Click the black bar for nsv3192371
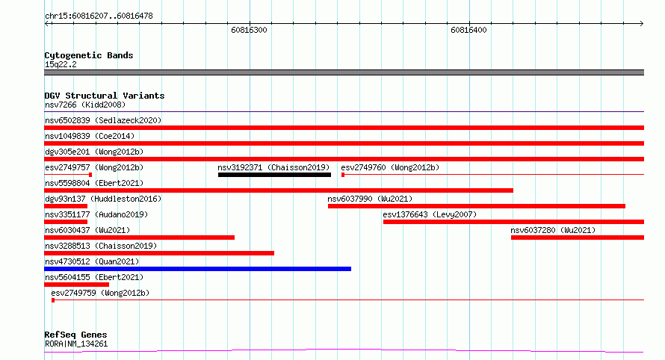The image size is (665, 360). pyautogui.click(x=274, y=175)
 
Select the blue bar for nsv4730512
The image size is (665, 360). pyautogui.click(x=198, y=269)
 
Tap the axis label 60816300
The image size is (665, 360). pyautogui.click(x=249, y=30)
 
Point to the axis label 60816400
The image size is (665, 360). pyautogui.click(x=468, y=30)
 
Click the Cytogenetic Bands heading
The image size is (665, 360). pyautogui.click(x=89, y=55)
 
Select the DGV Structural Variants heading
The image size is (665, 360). pyautogui.click(x=105, y=96)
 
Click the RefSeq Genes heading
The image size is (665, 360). pyautogui.click(x=75, y=335)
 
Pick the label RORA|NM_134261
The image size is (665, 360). pyautogui.click(x=76, y=344)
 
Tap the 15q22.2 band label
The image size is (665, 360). pyautogui.click(x=61, y=64)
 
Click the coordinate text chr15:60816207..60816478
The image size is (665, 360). pyautogui.click(x=99, y=16)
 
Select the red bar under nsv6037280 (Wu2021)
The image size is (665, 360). pyautogui.click(x=578, y=238)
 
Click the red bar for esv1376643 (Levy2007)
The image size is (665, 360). pyautogui.click(x=513, y=222)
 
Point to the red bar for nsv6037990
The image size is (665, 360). pyautogui.click(x=477, y=206)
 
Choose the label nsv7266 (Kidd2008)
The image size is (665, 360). pyautogui.click(x=85, y=105)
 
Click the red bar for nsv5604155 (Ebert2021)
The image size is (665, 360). pyautogui.click(x=76, y=285)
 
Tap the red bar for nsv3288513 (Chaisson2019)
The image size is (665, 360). pyautogui.click(x=159, y=253)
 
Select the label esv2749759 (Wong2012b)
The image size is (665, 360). pyautogui.click(x=100, y=293)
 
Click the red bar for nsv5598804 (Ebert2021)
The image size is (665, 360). pyautogui.click(x=279, y=190)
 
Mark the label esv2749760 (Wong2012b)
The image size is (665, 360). pyautogui.click(x=390, y=167)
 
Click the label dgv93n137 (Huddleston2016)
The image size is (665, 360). pyautogui.click(x=103, y=199)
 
